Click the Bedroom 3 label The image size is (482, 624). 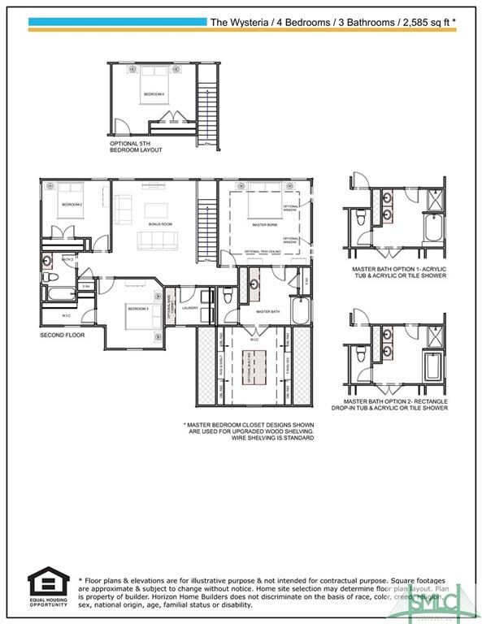[136, 309]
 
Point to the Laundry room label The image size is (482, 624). [191, 308]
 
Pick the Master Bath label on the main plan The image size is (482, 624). [267, 311]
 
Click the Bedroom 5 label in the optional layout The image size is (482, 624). [154, 94]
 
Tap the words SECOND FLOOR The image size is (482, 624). [63, 334]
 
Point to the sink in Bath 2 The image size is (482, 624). [49, 262]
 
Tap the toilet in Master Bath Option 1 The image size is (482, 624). [362, 216]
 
